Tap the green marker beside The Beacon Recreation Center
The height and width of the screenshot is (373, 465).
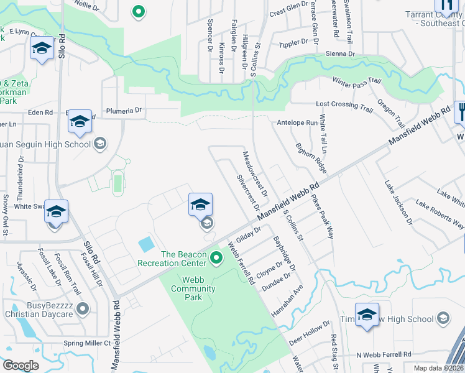pyautogui.click(x=216, y=257)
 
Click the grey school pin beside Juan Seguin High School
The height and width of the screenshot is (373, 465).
pyautogui.click(x=99, y=144)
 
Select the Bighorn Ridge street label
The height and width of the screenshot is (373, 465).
pyautogui.click(x=311, y=158)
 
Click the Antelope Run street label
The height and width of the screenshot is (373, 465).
pyautogui.click(x=297, y=123)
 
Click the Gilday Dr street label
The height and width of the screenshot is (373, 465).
pyautogui.click(x=247, y=236)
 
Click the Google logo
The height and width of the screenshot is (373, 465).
pyautogui.click(x=21, y=366)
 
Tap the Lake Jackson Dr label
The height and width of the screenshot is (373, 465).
pyautogui.click(x=398, y=203)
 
